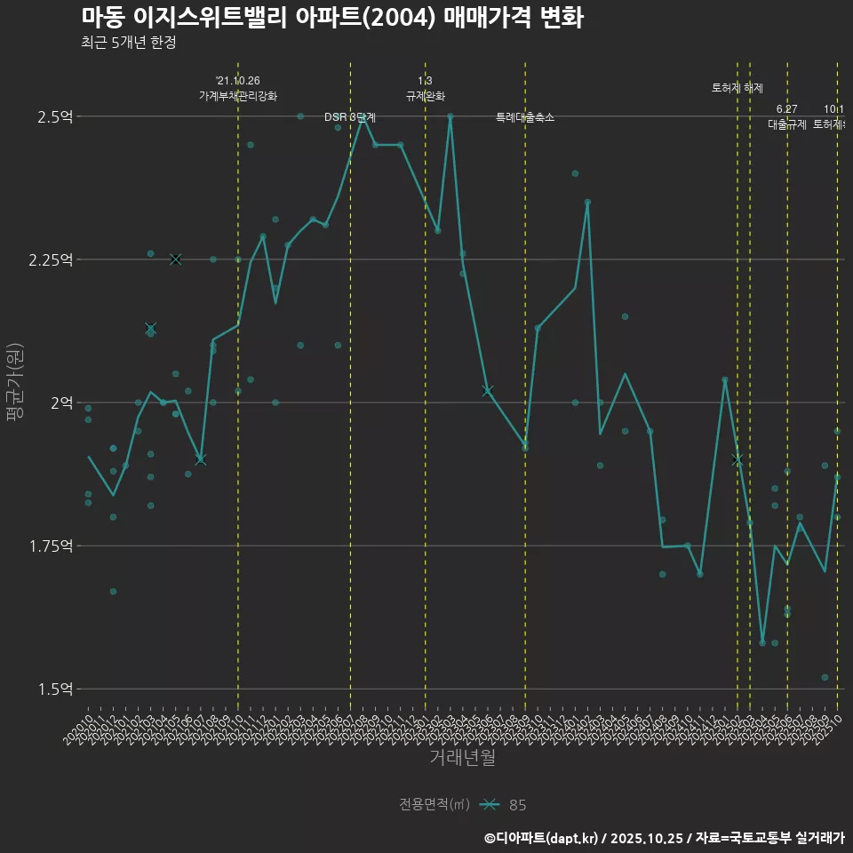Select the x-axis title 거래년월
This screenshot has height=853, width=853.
click(462, 757)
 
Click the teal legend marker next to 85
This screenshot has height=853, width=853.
click(490, 805)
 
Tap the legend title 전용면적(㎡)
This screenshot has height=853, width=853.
click(434, 805)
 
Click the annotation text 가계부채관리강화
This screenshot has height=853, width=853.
click(237, 96)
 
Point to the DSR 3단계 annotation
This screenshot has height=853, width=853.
click(350, 117)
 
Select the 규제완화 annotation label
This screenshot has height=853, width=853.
click(425, 96)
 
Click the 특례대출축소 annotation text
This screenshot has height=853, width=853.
click(525, 117)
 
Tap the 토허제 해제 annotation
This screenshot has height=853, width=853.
click(737, 88)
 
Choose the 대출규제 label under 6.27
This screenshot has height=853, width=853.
click(786, 124)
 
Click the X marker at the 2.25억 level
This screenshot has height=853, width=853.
click(175, 259)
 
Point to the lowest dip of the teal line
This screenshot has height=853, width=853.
click(761, 642)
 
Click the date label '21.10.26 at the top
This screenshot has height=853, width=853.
click(237, 81)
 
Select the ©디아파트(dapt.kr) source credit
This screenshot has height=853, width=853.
click(542, 838)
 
